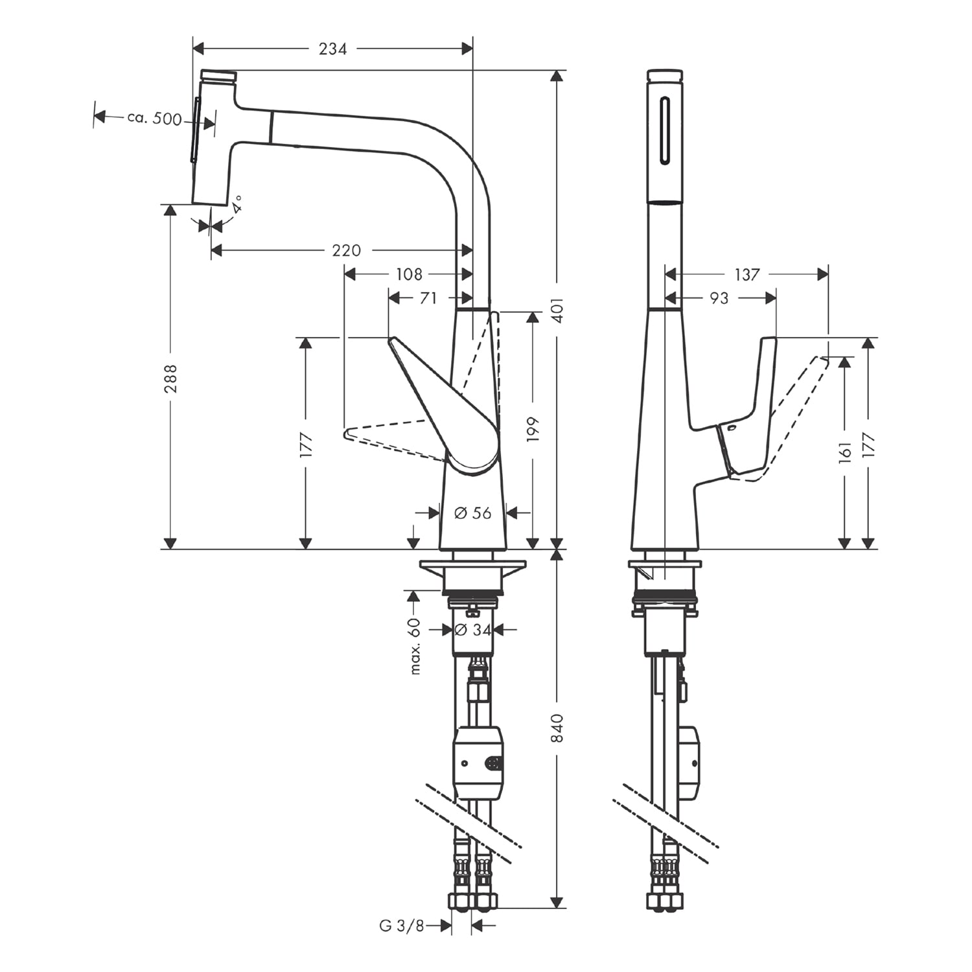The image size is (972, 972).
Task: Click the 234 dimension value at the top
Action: [x=332, y=49]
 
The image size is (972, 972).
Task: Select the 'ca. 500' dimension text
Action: [x=154, y=119]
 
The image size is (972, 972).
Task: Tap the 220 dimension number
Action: [x=346, y=250]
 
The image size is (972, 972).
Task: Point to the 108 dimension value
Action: [x=409, y=274]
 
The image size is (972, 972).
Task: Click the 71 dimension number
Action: [x=428, y=298]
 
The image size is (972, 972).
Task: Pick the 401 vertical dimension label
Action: [x=558, y=310]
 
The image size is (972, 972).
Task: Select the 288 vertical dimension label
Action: [x=170, y=378]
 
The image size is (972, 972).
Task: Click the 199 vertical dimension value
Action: [x=533, y=430]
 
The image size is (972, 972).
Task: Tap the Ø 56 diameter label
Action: [x=472, y=513]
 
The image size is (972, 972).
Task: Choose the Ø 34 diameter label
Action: [x=472, y=629]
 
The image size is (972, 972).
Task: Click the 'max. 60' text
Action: [x=415, y=646]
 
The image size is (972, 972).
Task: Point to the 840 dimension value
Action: [x=558, y=728]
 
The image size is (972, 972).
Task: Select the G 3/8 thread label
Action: [x=401, y=926]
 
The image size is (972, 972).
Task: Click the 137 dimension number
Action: [x=746, y=275]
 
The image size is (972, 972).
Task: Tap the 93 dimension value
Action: [x=719, y=298]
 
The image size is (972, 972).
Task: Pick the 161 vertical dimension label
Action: [x=845, y=452]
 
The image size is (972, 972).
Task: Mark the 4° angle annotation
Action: [x=238, y=205]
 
